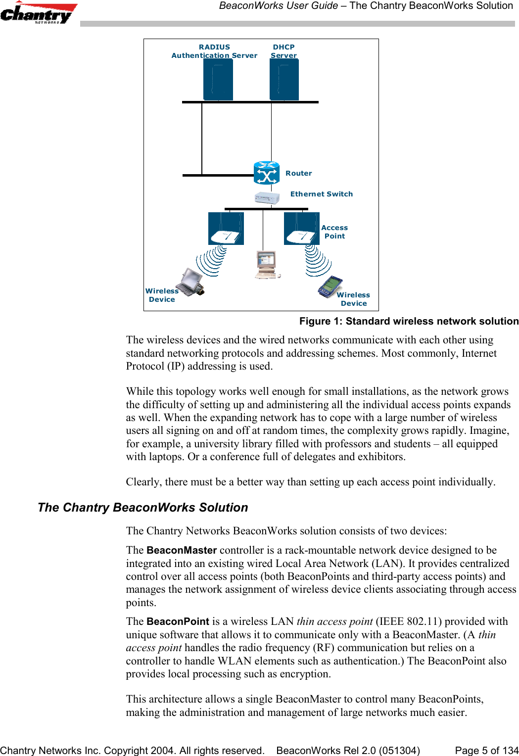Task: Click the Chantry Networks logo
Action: (38, 13)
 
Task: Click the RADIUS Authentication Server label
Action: (214, 51)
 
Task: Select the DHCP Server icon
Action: (284, 80)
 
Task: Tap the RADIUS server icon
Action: (218, 80)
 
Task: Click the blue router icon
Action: (267, 173)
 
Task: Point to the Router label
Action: (298, 173)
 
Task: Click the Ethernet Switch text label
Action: (322, 194)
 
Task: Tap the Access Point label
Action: (334, 232)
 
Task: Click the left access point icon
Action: (226, 229)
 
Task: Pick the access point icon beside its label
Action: (301, 229)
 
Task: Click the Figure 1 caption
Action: (409, 321)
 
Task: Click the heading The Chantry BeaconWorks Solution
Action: (142, 508)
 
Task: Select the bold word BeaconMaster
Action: (182, 550)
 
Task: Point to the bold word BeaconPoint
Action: (178, 621)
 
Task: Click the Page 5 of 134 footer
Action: (486, 751)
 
